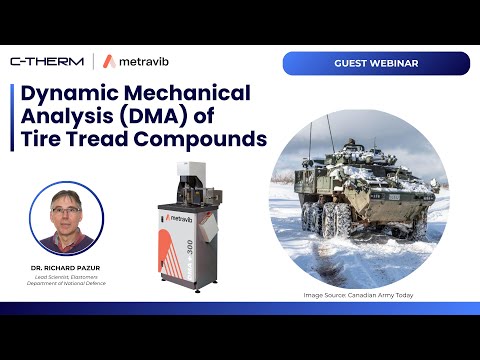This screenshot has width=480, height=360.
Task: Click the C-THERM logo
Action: (x=47, y=62)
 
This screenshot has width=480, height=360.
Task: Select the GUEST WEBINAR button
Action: (x=375, y=63)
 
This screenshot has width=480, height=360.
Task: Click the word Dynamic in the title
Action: (x=64, y=96)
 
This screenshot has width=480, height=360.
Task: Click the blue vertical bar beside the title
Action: (x=12, y=118)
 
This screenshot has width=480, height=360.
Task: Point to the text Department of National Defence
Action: (x=67, y=284)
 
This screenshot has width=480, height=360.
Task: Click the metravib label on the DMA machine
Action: (x=181, y=217)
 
